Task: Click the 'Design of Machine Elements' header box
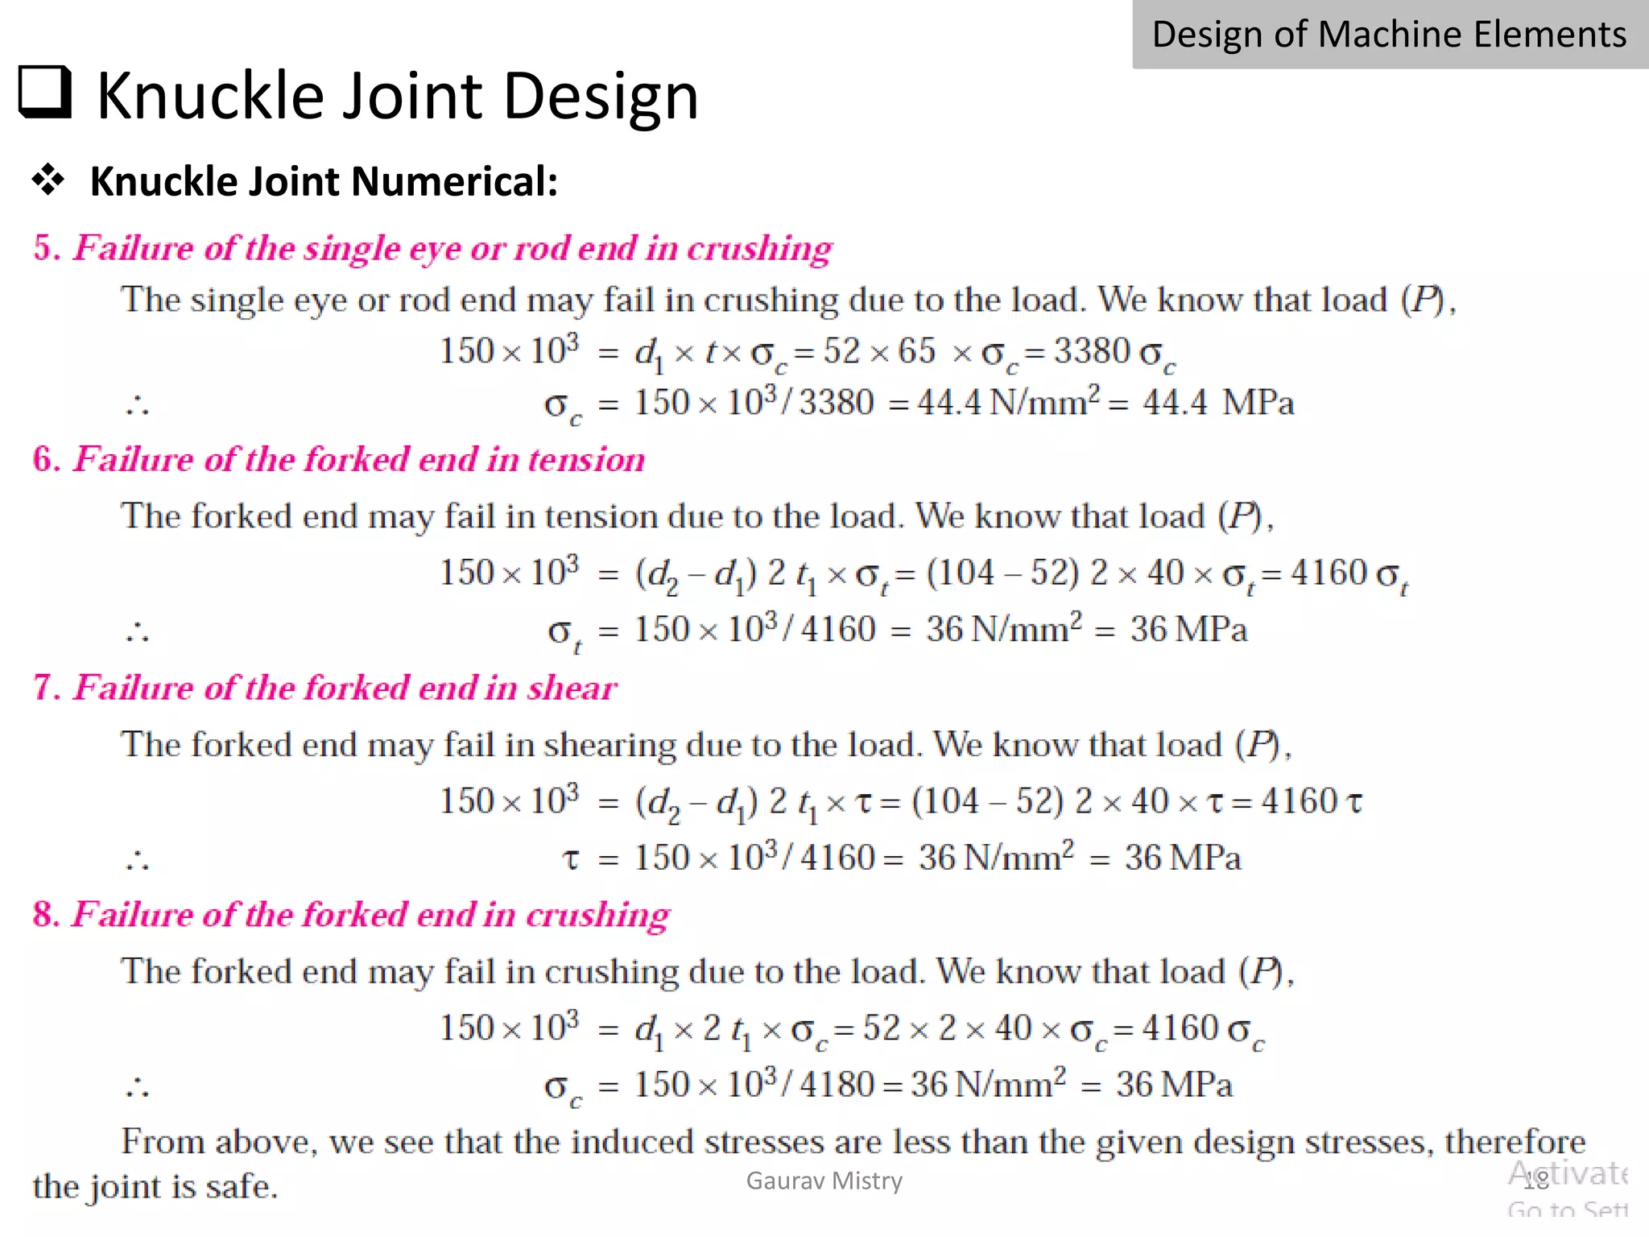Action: [x=1390, y=35]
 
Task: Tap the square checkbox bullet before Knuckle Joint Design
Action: [x=45, y=93]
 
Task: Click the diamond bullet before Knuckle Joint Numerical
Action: [x=48, y=180]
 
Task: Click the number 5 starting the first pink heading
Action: [x=43, y=248]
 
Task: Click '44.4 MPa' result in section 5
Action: [x=1218, y=403]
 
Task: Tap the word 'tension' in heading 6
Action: [x=586, y=460]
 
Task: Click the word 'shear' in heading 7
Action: [x=572, y=688]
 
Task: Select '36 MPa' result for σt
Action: [x=1188, y=630]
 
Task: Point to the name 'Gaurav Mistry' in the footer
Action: [x=824, y=1181]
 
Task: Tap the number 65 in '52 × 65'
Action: [x=916, y=351]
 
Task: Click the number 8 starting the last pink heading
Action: [x=43, y=915]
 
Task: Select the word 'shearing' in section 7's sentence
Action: [x=610, y=745]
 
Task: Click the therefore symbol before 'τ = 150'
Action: [x=137, y=861]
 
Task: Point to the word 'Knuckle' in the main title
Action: [x=209, y=95]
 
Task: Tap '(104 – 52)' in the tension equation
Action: [x=1002, y=573]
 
